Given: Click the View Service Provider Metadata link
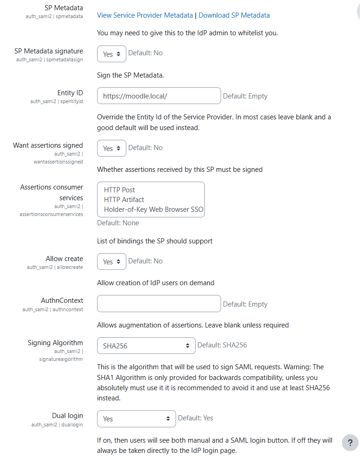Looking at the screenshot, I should (144, 15).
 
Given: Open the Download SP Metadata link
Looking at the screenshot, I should (234, 15).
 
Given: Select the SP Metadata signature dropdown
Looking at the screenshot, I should (111, 54).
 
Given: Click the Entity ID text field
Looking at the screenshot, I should (158, 96).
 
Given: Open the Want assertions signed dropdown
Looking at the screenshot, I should (111, 148).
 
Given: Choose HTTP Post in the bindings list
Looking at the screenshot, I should (119, 190).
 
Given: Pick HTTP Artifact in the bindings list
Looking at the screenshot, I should (124, 200).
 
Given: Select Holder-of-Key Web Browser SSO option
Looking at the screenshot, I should (153, 209).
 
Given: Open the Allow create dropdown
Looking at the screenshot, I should (111, 262).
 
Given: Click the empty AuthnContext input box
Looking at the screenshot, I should (158, 304).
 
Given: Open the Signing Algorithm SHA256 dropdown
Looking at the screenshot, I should (146, 346).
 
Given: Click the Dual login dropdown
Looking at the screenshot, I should (136, 419).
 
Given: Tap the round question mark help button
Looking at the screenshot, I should (350, 443).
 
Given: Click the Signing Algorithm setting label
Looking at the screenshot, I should (55, 343).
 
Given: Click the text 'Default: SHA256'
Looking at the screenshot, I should (222, 345).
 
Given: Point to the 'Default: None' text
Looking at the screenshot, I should (118, 223).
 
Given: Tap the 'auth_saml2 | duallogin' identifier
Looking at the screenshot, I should (57, 425).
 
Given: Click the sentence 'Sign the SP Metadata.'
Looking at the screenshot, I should (131, 75).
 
